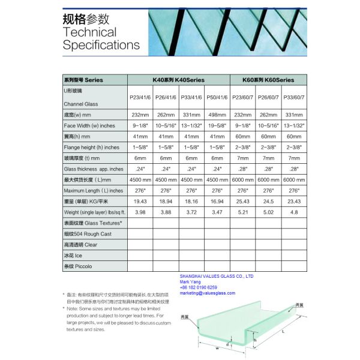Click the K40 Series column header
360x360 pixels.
pos(178,79)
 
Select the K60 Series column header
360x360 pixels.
pos(268,79)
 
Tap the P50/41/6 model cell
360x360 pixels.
pos(217,97)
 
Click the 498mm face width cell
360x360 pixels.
pos(217,115)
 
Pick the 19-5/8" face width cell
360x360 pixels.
pos(217,125)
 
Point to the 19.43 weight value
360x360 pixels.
pos(139,201)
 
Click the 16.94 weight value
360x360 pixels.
pos(217,201)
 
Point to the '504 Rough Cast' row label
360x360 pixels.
pos(87,233)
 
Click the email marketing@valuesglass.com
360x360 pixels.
pos(208,293)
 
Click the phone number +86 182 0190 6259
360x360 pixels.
pos(199,287)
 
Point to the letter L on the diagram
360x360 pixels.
pos(283,330)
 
